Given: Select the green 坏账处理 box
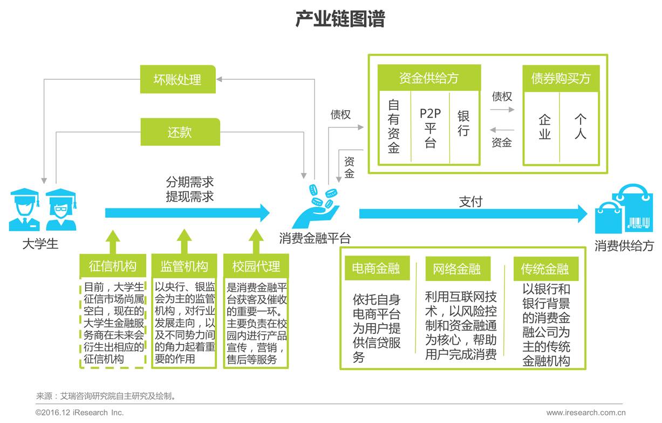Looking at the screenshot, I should tap(178, 80).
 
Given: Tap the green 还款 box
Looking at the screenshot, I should tap(180, 132).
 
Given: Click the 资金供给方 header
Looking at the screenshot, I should tap(429, 78).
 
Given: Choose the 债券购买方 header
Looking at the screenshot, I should tap(561, 79).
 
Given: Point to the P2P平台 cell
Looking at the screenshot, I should tap(430, 127).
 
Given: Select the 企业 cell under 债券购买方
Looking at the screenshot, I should tap(544, 127).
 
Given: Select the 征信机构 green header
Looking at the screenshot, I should tap(113, 266).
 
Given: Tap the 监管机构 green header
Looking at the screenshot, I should tap(184, 266).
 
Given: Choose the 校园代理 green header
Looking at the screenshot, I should tap(256, 266).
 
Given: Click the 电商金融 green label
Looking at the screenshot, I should tap(376, 268).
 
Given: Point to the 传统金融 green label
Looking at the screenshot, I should tap(545, 268).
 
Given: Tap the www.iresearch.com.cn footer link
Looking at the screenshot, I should tap(586, 413).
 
